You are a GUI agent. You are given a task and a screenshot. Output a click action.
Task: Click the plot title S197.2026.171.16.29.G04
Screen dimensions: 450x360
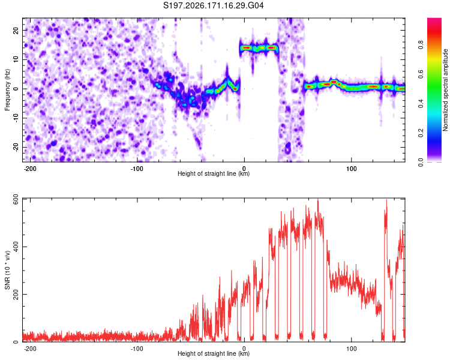click(x=213, y=5)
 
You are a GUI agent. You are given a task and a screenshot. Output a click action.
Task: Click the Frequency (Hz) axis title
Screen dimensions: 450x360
click(x=7, y=90)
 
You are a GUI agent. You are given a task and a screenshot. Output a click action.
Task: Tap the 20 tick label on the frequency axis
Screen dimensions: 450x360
click(x=16, y=30)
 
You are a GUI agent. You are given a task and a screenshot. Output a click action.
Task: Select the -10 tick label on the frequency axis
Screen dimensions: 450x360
click(x=16, y=118)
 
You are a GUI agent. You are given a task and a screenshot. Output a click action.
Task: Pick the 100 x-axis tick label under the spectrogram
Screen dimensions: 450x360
click(x=351, y=169)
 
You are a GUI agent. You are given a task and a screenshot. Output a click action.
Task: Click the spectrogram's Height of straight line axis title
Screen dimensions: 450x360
click(x=214, y=173)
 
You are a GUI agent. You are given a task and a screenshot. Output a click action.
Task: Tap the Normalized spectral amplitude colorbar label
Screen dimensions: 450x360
click(x=445, y=90)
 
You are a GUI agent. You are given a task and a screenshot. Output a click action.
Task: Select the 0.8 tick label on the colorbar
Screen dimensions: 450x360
click(x=421, y=45)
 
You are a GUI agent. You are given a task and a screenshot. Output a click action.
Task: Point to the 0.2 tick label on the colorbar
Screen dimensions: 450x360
click(x=421, y=133)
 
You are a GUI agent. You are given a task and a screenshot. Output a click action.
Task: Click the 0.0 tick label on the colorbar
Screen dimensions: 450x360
click(x=421, y=163)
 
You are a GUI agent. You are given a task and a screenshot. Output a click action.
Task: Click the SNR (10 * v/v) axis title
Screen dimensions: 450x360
click(x=7, y=270)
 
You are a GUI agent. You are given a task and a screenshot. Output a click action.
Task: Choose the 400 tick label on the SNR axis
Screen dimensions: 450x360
click(x=16, y=247)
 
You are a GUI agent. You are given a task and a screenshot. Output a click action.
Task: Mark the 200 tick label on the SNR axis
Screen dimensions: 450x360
click(x=16, y=294)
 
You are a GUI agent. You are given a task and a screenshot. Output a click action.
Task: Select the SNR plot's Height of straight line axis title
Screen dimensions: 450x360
click(x=214, y=353)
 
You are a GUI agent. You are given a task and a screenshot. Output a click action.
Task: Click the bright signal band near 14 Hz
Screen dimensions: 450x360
click(x=259, y=47)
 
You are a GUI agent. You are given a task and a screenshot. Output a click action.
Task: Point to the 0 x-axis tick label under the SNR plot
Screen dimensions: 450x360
click(x=244, y=349)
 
